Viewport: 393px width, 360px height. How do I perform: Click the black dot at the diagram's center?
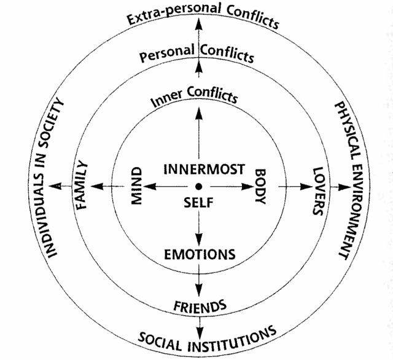point(199,186)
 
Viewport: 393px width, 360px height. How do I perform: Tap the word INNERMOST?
point(204,169)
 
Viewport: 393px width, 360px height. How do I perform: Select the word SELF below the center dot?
point(198,203)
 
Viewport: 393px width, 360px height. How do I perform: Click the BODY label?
point(260,187)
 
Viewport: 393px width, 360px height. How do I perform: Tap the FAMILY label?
point(84,186)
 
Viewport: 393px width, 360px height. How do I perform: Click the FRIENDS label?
point(200,303)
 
